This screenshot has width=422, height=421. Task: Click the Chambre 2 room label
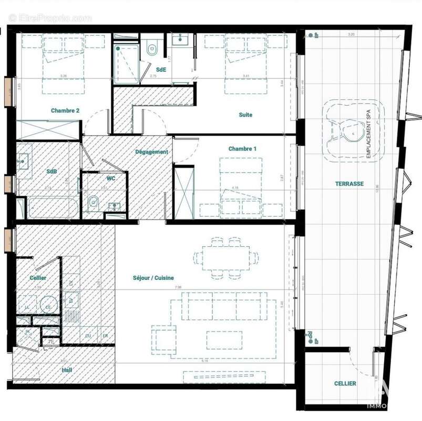[x=65, y=111]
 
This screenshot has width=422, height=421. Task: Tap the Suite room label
[x=245, y=115]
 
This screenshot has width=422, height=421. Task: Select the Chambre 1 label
[x=242, y=149]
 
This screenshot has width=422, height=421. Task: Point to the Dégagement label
[x=151, y=152]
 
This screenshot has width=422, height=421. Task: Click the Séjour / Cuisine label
[x=153, y=278]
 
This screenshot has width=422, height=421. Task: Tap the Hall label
[x=66, y=370]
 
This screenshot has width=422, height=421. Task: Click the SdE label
[x=161, y=69]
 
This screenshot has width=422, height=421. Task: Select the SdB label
[x=52, y=172]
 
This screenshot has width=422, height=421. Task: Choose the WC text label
[x=111, y=179]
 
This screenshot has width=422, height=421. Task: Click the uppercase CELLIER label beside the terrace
[x=345, y=384]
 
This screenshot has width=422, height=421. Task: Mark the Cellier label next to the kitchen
[x=38, y=278]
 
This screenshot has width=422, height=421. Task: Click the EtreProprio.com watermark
[x=50, y=18]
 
